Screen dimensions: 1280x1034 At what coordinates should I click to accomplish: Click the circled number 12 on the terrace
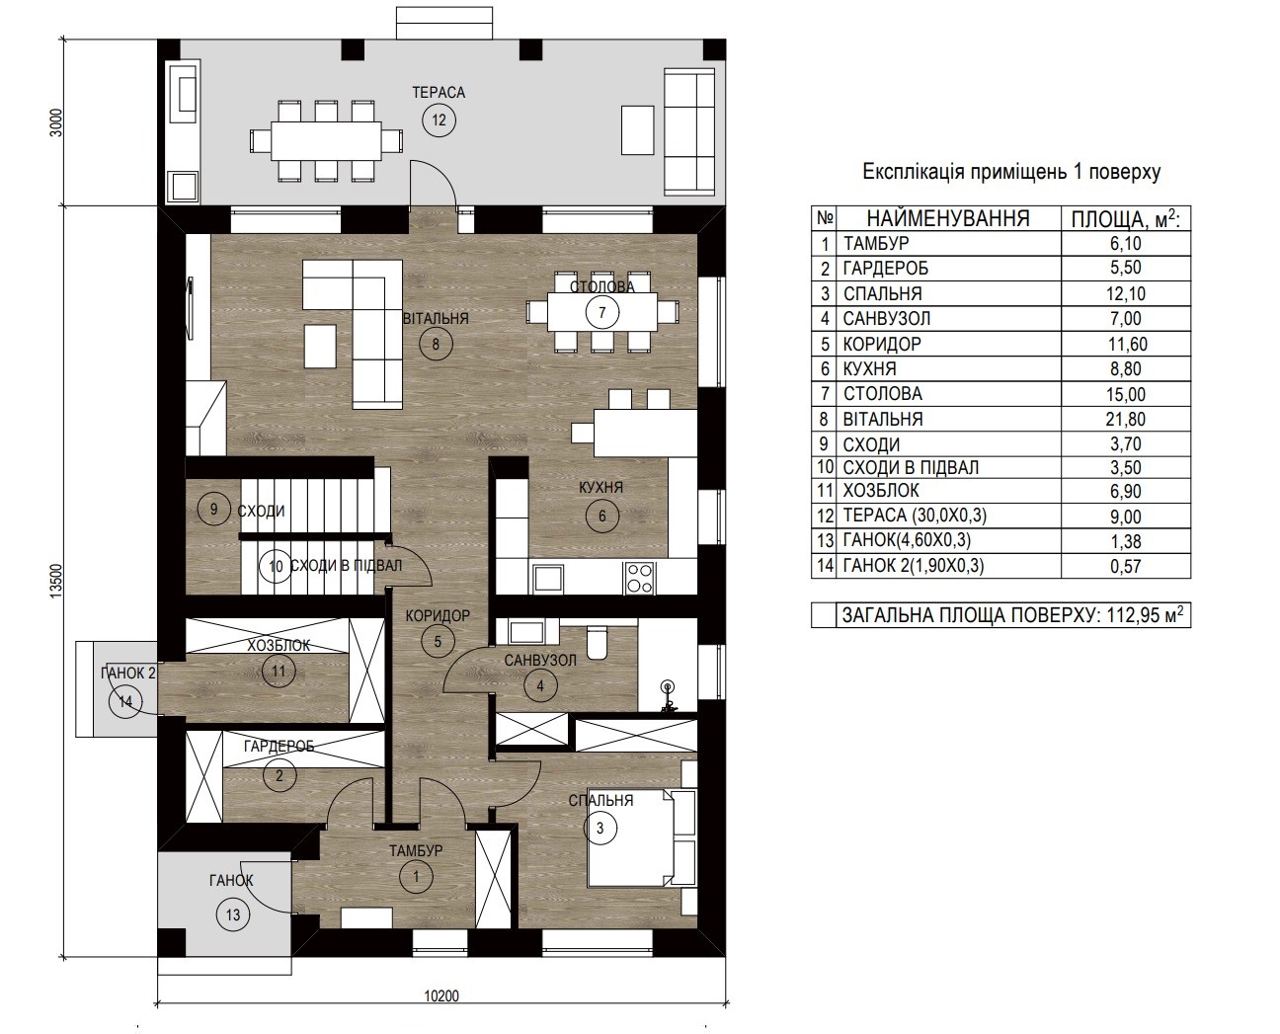point(439,120)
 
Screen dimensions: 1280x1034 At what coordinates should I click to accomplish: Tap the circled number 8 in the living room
point(436,345)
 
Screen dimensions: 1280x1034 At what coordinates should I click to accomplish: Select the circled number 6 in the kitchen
point(601,516)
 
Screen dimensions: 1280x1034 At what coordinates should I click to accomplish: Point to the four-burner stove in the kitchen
point(639,578)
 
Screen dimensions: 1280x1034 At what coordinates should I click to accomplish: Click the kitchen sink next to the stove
point(548,579)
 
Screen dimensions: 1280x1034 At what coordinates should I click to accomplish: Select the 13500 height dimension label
point(55,581)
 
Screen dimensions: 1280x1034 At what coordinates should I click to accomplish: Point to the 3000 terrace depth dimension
point(55,122)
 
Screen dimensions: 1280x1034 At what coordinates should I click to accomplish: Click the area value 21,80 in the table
point(1125,419)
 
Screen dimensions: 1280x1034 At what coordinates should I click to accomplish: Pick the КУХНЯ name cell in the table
point(869,368)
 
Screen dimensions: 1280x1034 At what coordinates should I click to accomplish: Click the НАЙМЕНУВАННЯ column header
point(948,218)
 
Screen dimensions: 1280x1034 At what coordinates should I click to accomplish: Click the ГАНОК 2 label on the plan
point(128,674)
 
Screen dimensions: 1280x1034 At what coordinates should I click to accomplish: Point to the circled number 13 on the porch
point(232,915)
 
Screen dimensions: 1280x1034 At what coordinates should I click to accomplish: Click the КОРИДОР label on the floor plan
point(438,616)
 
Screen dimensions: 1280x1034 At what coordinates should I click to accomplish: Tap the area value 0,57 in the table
point(1126,566)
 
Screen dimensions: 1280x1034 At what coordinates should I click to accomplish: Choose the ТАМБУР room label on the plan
point(416,850)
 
